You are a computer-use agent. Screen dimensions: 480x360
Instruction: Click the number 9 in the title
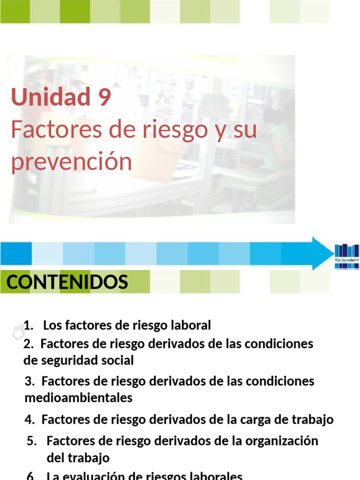click(105, 97)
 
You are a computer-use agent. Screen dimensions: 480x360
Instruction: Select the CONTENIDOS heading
click(67, 282)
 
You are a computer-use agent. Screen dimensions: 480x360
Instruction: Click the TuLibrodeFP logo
click(346, 256)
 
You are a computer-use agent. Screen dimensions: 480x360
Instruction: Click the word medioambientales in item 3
click(78, 398)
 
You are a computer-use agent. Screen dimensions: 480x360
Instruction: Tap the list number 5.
click(31, 441)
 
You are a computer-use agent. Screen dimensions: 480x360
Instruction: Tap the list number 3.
click(29, 382)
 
